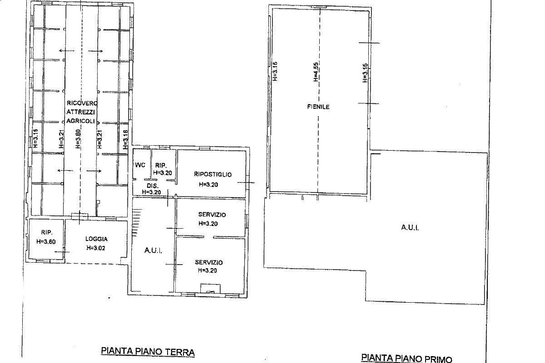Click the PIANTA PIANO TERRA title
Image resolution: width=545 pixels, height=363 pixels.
pyautogui.click(x=147, y=351)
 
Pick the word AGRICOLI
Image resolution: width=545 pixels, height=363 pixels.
pyautogui.click(x=80, y=121)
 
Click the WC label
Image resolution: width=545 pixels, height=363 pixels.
pyautogui.click(x=140, y=165)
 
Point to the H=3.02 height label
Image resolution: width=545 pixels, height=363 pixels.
pyautogui.click(x=96, y=248)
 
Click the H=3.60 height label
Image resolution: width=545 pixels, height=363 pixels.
pyautogui.click(x=46, y=241)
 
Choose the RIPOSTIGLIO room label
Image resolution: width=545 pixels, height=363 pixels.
pyautogui.click(x=213, y=174)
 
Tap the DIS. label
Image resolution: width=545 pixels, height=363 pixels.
pyautogui.click(x=151, y=186)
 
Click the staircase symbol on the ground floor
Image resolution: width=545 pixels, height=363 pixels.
pyautogui.click(x=136, y=221)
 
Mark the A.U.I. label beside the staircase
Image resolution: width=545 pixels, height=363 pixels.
pyautogui.click(x=153, y=250)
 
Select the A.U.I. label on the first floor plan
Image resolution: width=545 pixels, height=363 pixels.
pyautogui.click(x=410, y=228)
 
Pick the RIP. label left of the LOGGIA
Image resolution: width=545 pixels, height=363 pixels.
pyautogui.click(x=46, y=231)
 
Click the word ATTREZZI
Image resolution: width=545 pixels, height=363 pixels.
pyautogui.click(x=79, y=112)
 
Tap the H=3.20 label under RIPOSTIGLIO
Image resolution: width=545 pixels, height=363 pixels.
pyautogui.click(x=208, y=184)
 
